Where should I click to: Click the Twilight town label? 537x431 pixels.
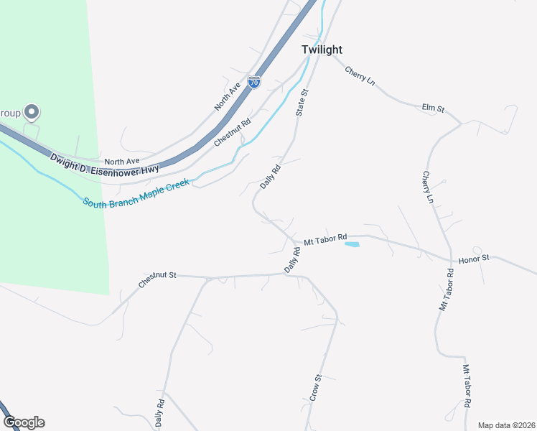coord(322,50)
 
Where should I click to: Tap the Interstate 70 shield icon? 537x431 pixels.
coord(254,82)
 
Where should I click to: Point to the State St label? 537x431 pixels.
coord(302,103)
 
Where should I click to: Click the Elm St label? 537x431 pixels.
coord(433,108)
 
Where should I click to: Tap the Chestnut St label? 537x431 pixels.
coord(157,279)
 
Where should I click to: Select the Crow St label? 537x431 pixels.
coord(315,388)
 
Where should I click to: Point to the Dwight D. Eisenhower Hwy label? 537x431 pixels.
coord(104,162)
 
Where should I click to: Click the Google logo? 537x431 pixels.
coord(24,422)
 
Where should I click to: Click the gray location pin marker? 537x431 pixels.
coord(31,112)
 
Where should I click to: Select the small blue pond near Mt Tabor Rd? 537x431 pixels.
coord(352,245)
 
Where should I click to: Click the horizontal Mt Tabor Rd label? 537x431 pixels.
coord(325,238)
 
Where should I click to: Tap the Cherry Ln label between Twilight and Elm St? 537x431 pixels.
coord(360,75)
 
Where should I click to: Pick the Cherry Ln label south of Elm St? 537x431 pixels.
coord(428,187)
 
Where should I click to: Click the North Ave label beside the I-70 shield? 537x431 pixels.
coord(227,96)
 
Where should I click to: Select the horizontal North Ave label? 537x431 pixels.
coord(121,161)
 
